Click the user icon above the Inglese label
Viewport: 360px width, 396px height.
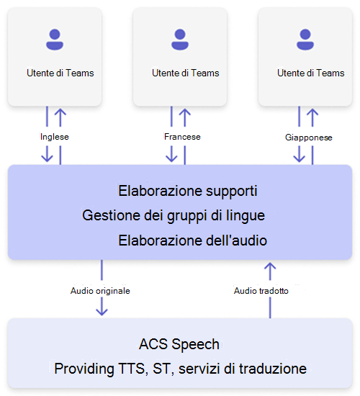tap(54, 40)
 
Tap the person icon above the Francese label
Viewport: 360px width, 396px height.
tap(179, 40)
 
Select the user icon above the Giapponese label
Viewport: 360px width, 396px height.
tap(305, 40)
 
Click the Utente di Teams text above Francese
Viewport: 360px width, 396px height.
tap(186, 73)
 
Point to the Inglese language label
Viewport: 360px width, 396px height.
tap(54, 136)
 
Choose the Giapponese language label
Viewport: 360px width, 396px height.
tap(308, 137)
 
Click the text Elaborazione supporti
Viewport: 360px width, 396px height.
tap(188, 192)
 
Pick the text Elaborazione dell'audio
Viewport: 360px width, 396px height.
tap(192, 240)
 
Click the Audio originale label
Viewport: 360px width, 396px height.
tap(100, 291)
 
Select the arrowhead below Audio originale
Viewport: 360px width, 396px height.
tap(102, 310)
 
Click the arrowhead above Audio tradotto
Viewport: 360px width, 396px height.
tap(270, 268)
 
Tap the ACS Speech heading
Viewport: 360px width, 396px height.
tap(179, 343)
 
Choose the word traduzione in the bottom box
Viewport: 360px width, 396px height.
tap(271, 369)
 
